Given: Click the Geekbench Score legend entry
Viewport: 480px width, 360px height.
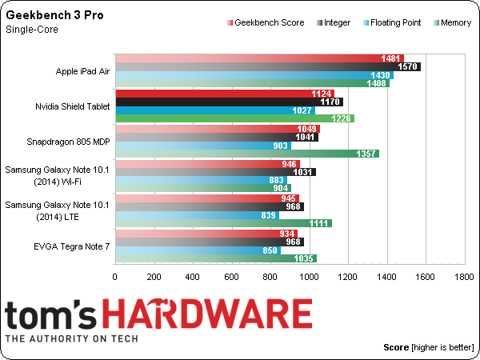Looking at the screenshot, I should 269,23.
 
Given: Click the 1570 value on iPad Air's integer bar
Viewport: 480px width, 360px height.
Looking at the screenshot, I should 410,66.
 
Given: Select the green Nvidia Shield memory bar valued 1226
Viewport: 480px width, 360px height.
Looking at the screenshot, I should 235,118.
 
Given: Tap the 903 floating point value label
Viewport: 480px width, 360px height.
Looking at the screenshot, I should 281,145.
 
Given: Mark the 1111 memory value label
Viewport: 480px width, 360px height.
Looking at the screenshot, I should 319,222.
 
